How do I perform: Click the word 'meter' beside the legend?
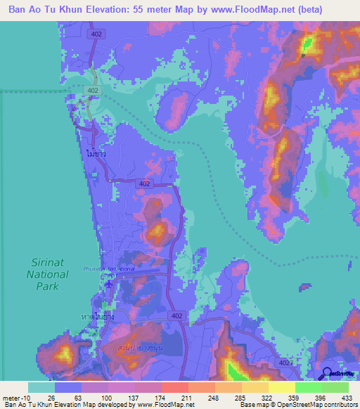tap(11, 398)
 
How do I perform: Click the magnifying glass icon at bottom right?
tap(327, 374)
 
